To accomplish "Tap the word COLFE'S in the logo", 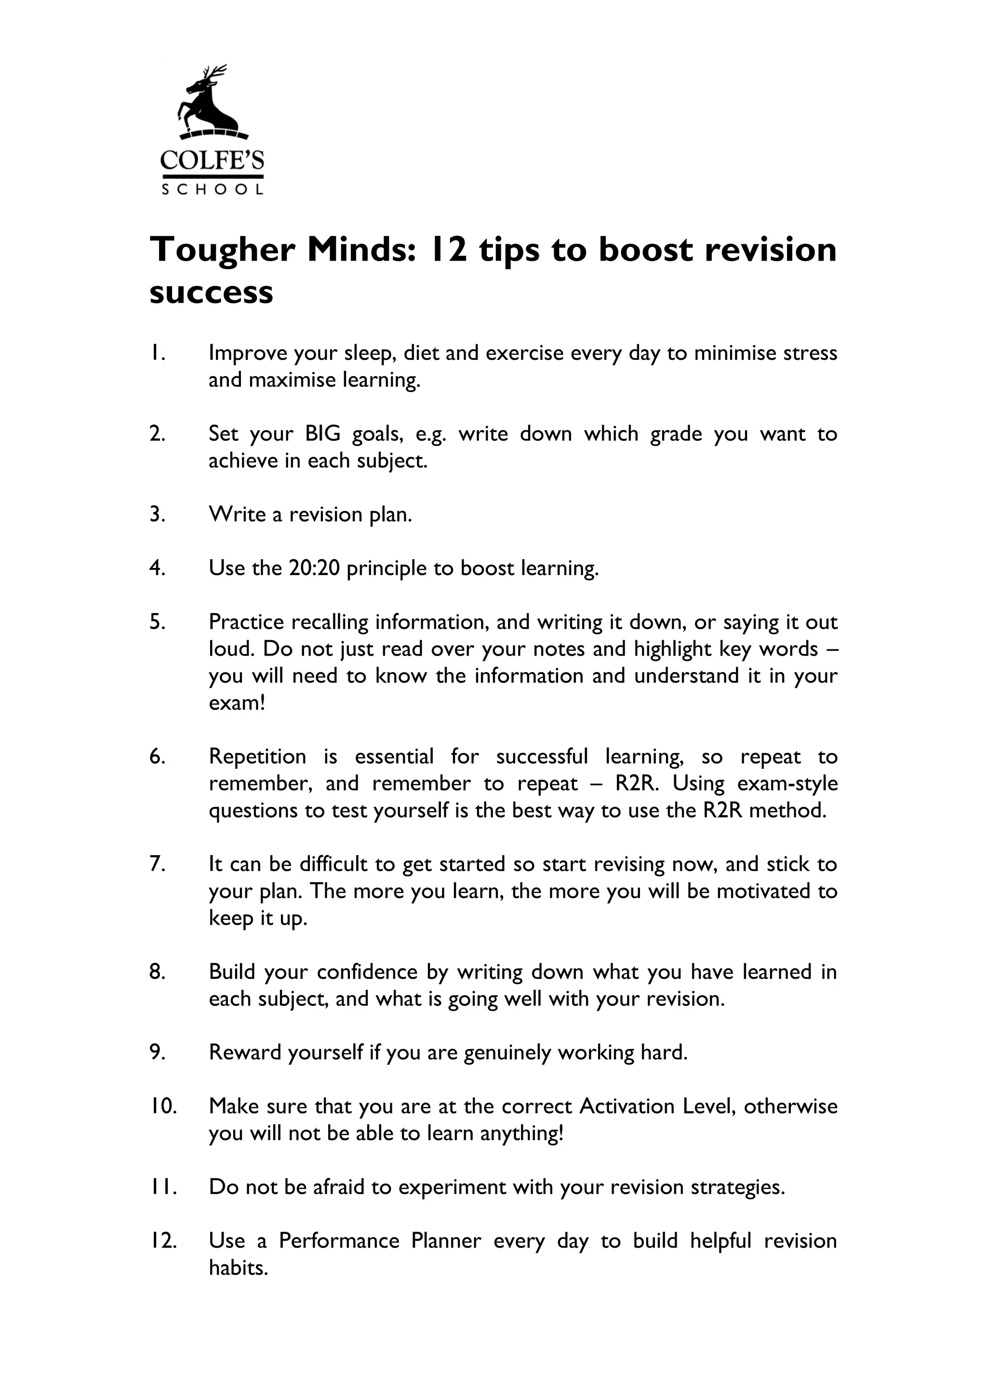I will coord(212,160).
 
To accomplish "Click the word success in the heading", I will coord(211,293).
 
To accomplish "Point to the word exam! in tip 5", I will coord(237,703).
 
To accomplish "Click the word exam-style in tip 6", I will coord(787,784).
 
